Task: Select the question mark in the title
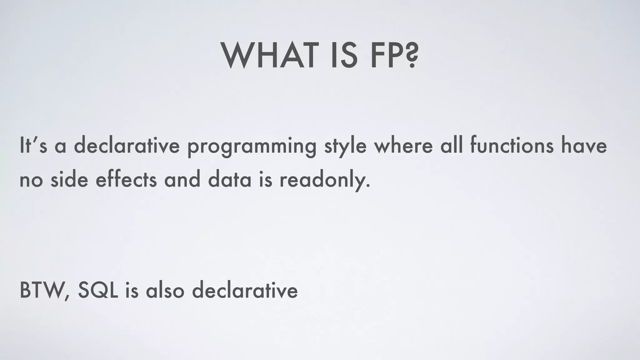click(410, 57)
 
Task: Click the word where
click(403, 146)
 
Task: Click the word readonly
click(325, 181)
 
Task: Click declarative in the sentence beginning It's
click(127, 146)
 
